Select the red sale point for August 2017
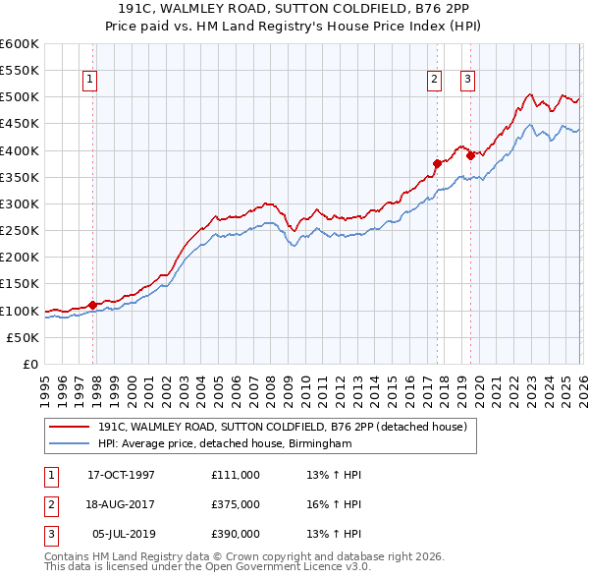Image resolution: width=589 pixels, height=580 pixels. (437, 163)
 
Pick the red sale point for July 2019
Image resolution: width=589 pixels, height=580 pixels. (470, 154)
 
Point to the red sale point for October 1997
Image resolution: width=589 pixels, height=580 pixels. (93, 305)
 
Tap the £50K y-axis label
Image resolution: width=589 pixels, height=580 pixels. (24, 337)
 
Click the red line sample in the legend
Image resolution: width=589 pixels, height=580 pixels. (70, 427)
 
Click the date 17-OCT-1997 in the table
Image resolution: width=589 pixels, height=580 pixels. (122, 475)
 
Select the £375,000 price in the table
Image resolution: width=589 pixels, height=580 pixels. (236, 505)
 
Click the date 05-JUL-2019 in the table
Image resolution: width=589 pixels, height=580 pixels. (122, 536)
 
